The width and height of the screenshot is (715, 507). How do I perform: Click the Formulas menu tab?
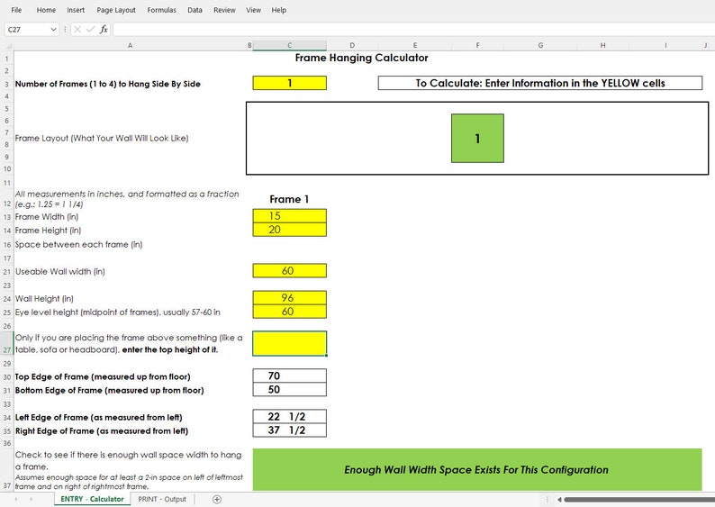coord(161,10)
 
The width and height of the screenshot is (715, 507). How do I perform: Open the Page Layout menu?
coord(116,10)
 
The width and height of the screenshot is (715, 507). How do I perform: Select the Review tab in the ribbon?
coord(224,10)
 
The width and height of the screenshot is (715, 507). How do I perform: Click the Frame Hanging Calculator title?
coord(361,58)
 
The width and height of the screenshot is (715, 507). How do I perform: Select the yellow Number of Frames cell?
coord(289,83)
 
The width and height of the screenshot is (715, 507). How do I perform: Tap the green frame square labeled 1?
coord(477,139)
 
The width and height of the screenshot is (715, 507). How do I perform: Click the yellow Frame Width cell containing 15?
coord(289,216)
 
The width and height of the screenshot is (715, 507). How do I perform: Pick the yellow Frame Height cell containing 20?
coord(289,230)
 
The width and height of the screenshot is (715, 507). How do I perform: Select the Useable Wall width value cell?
coord(289,271)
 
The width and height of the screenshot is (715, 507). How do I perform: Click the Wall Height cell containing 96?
coord(289,298)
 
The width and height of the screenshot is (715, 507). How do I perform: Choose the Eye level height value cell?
coord(289,312)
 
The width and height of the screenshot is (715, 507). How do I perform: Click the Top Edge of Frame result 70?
coord(289,376)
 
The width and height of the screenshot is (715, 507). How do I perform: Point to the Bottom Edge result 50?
coord(289,390)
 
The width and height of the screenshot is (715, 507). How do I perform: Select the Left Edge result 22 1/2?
coord(289,417)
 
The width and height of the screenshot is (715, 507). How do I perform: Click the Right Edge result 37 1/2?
coord(289,430)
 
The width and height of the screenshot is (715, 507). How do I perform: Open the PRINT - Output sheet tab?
coord(162,499)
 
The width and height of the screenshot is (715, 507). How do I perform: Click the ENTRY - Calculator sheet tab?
coord(92,499)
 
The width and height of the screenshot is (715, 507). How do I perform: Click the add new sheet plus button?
coord(216,499)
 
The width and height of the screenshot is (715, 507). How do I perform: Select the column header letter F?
coord(476,44)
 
